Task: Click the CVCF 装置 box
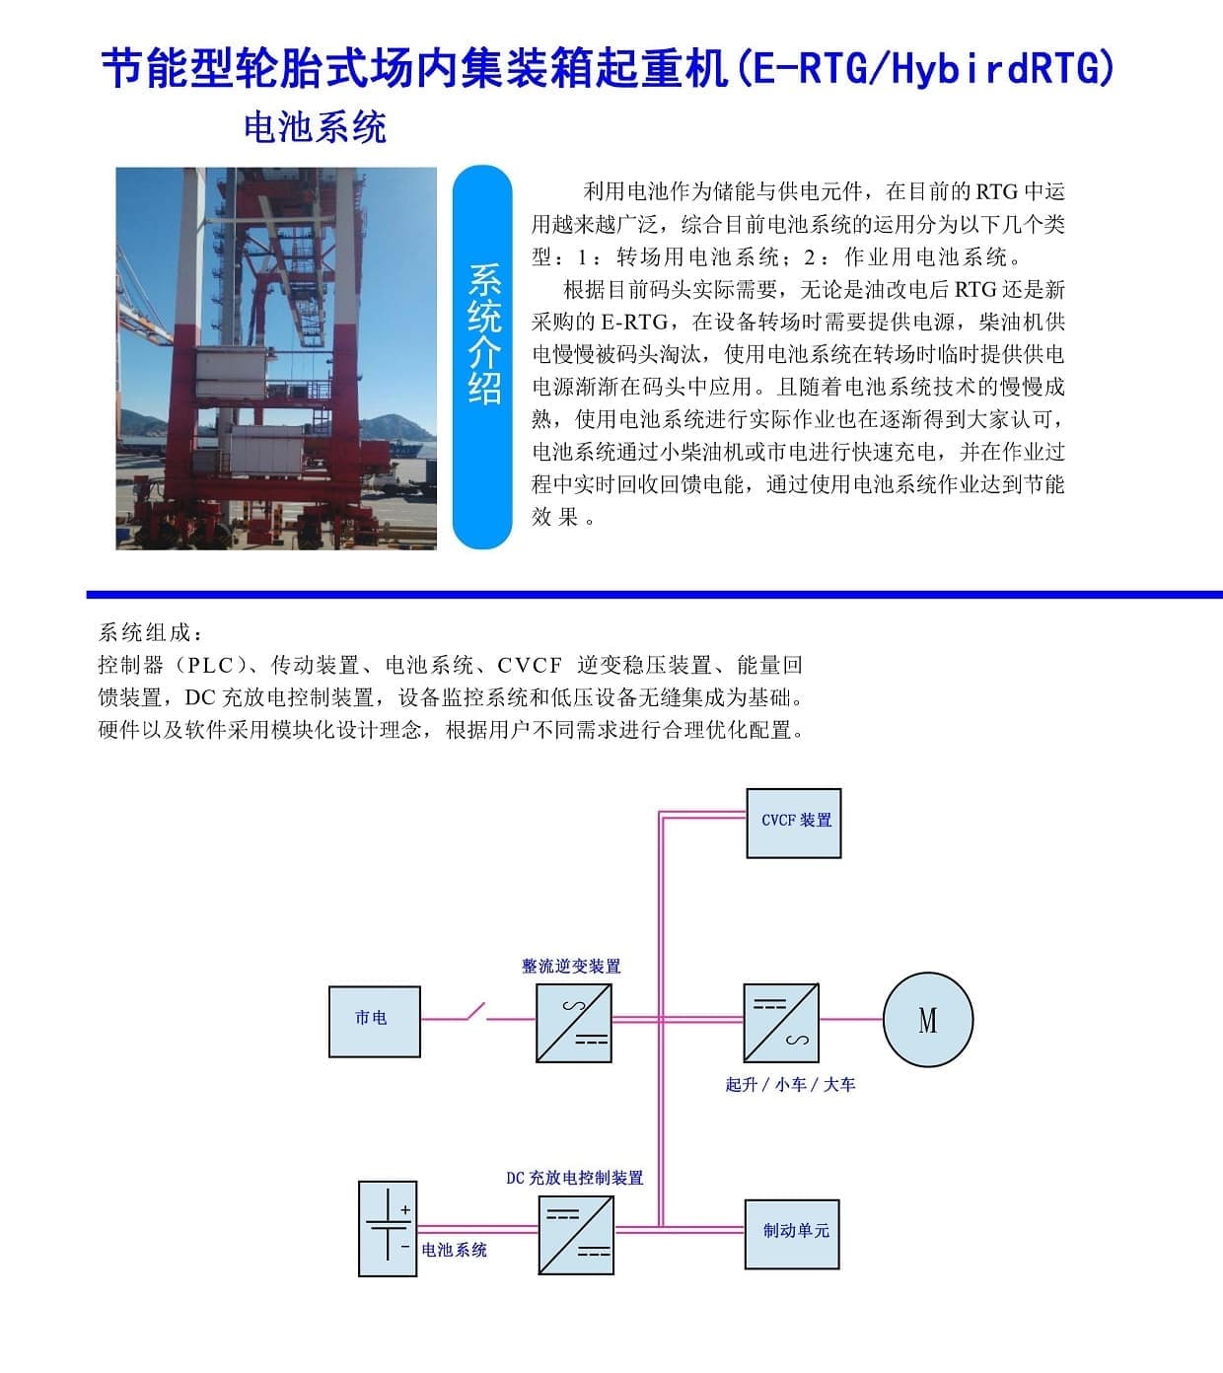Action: click(793, 823)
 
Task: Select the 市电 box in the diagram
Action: click(375, 1021)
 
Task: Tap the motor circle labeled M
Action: click(928, 1019)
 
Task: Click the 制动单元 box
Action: click(792, 1234)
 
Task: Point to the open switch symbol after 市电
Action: click(475, 1012)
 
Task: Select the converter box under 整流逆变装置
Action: click(574, 1023)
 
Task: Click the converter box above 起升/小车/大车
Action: click(781, 1023)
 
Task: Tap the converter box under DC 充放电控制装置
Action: click(576, 1235)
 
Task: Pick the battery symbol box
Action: click(388, 1229)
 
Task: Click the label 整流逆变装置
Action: click(571, 966)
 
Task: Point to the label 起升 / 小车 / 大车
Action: click(790, 1084)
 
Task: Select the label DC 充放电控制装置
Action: click(575, 1178)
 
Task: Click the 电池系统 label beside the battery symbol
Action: click(454, 1250)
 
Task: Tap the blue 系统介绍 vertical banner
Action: click(482, 357)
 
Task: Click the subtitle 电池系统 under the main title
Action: click(315, 127)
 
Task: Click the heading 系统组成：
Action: click(150, 633)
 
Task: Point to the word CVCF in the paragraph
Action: click(530, 666)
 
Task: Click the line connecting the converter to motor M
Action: click(851, 1019)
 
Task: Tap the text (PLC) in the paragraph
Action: click(209, 666)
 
